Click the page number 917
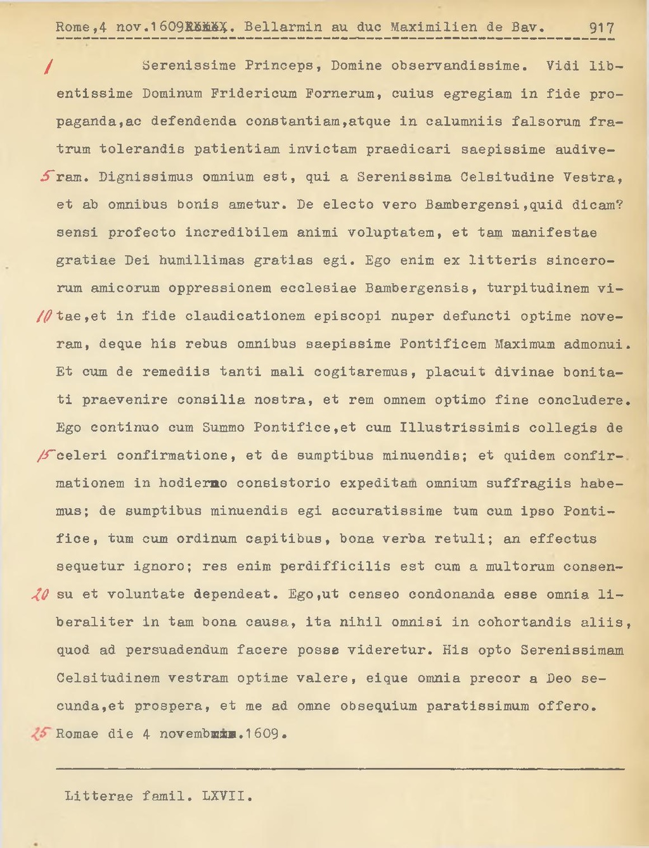(601, 28)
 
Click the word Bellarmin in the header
(283, 27)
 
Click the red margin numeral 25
(41, 734)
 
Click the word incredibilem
(236, 233)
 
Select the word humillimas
(202, 261)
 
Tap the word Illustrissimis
(459, 428)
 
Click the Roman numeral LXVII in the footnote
(227, 797)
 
